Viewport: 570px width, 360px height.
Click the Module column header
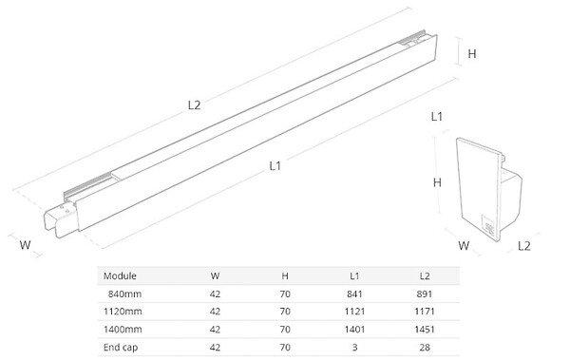pos(120,275)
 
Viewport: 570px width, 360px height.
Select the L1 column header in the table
pos(354,275)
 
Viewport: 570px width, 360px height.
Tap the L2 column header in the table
pos(425,275)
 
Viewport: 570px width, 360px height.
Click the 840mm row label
pos(124,294)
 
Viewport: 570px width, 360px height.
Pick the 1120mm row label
pos(123,312)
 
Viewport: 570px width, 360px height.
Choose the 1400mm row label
pos(123,329)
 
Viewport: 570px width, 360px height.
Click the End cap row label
pos(121,348)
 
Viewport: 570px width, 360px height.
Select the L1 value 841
pos(354,294)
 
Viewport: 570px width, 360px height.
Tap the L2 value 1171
pos(425,312)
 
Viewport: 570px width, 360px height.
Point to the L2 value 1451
pos(425,329)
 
